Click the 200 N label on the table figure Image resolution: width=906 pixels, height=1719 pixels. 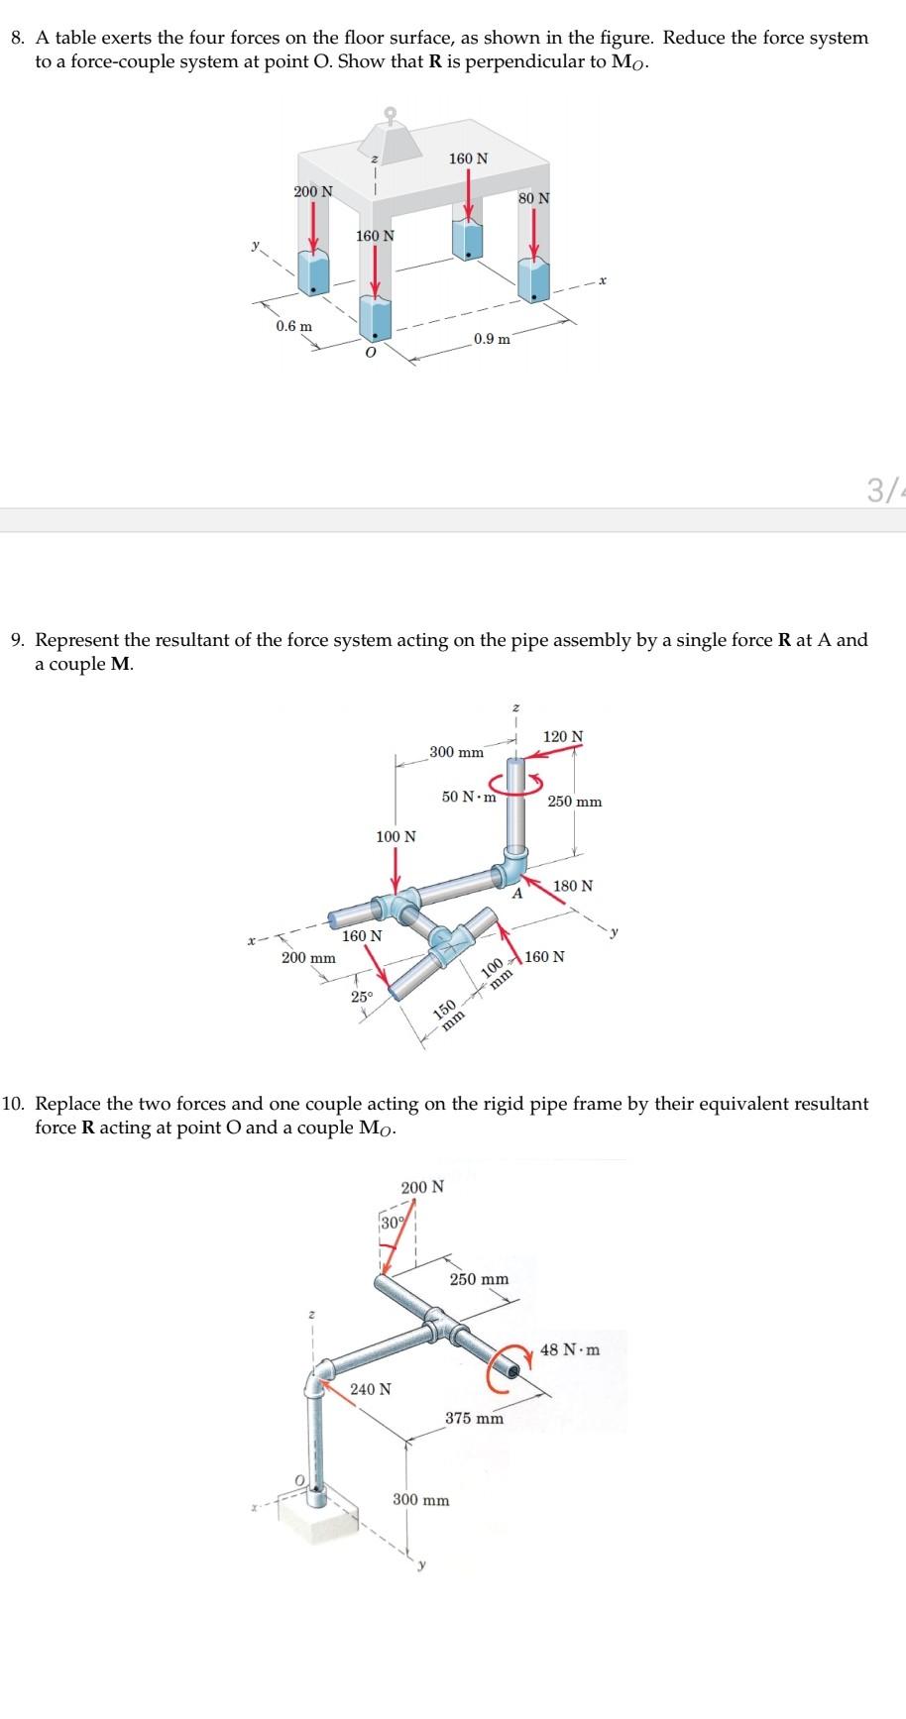click(x=313, y=190)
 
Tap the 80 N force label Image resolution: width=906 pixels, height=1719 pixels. click(x=533, y=198)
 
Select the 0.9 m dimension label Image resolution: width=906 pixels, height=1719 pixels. click(x=493, y=339)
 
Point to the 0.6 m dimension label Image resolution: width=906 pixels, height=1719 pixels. click(x=293, y=326)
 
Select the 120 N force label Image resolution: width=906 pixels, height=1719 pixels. click(x=564, y=736)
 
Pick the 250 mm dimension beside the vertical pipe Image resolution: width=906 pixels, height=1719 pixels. click(x=575, y=802)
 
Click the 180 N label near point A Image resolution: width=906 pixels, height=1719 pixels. click(x=573, y=886)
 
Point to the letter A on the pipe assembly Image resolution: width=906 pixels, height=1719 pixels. click(x=516, y=894)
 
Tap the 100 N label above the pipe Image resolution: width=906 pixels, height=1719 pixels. click(x=396, y=837)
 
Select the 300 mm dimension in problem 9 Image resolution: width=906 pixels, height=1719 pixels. click(x=457, y=752)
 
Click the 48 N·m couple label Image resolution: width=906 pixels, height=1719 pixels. click(x=570, y=1349)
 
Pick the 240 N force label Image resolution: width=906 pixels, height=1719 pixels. click(x=371, y=1389)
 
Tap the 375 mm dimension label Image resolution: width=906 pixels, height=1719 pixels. click(x=474, y=1419)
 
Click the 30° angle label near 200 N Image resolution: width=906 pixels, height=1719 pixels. click(x=392, y=1223)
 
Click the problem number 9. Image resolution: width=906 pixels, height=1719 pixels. click(x=17, y=640)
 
